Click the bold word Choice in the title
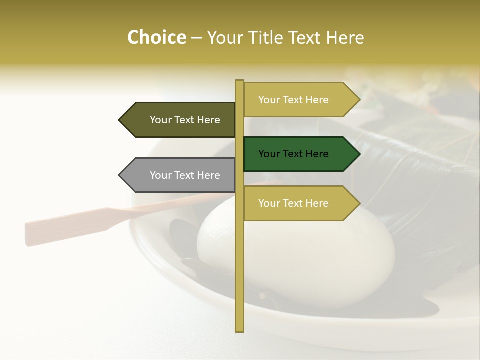coord(156,38)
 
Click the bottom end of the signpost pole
coord(239,330)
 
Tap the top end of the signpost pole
coord(239,81)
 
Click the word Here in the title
coord(345,38)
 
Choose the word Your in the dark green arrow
coord(269,154)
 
